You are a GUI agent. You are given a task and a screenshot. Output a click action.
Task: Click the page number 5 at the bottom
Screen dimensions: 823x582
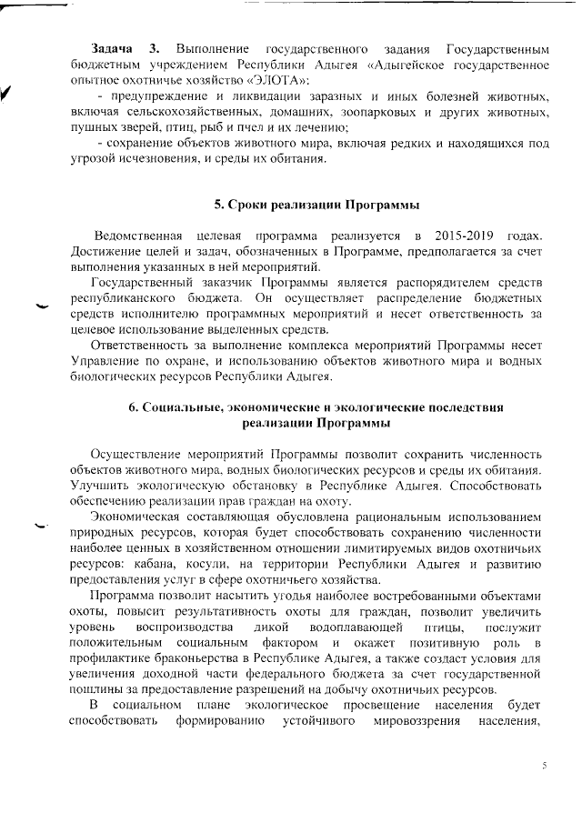tap(544, 766)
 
